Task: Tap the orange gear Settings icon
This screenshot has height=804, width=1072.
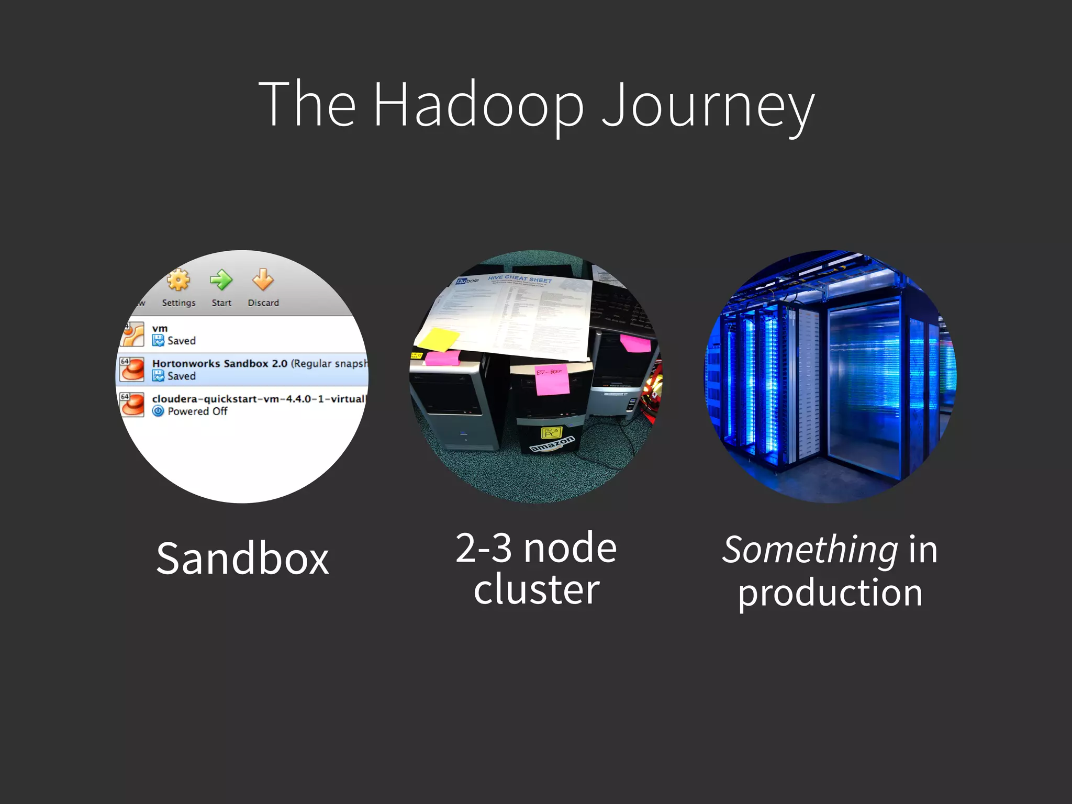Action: [x=178, y=281]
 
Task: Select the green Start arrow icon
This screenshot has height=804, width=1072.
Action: [x=221, y=280]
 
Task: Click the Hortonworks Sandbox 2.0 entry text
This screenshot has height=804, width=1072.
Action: [x=220, y=363]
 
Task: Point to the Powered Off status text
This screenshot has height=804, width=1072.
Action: [x=197, y=411]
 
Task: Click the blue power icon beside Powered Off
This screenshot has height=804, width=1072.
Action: [x=158, y=411]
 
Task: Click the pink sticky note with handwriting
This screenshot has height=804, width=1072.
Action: [x=551, y=378]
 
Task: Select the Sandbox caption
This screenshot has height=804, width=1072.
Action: [x=243, y=559]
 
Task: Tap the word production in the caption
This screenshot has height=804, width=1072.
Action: [x=830, y=593]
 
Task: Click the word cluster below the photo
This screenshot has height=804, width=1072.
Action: [x=537, y=589]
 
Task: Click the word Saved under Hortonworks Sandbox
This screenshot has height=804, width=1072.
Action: [x=181, y=376]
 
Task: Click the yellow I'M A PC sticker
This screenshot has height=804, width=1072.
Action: [x=551, y=432]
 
